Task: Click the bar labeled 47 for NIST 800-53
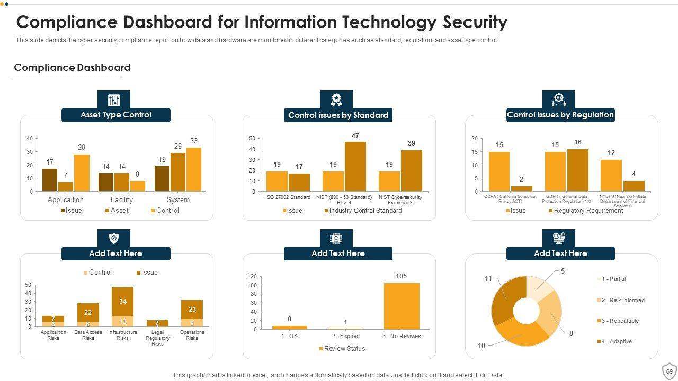355,166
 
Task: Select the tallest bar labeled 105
402,306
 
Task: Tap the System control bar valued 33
194,169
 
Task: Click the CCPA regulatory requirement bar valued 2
522,188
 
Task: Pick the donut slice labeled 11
507,300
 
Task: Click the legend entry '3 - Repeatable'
620,321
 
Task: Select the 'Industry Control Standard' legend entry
365,211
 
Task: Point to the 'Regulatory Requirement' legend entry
588,211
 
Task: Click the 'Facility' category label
122,199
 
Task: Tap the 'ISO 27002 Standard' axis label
288,197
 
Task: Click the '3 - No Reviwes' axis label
402,336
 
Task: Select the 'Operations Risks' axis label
192,335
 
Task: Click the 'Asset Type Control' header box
116,115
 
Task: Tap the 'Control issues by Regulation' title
560,115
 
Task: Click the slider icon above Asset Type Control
114,100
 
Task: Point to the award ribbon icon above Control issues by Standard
336,100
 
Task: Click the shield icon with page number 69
670,371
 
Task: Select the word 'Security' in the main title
475,22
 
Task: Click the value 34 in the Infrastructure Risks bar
123,302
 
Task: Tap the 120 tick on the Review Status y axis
252,277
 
